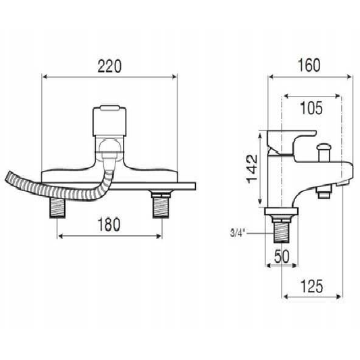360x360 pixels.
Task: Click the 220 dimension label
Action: click(x=109, y=66)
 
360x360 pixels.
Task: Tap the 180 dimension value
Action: click(x=109, y=224)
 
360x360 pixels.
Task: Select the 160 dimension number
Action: click(x=309, y=66)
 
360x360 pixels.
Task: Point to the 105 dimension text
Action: click(x=311, y=108)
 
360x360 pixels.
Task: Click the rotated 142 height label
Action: click(x=252, y=169)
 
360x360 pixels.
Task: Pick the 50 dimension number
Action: click(x=282, y=257)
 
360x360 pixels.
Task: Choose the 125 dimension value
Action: click(x=311, y=286)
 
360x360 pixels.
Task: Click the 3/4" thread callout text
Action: click(x=238, y=234)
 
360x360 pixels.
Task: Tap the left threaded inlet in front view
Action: click(x=57, y=208)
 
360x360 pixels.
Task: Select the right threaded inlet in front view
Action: click(x=161, y=205)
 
